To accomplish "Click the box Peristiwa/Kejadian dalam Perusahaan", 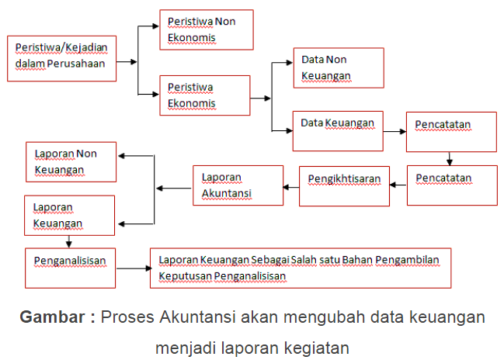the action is [62, 58].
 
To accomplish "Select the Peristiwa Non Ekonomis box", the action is [206, 30].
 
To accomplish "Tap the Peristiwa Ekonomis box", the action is [204, 95].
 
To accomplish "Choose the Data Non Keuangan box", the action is [338, 67].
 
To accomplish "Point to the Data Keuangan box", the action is [337, 131].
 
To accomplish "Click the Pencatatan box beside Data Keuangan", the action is [451, 131].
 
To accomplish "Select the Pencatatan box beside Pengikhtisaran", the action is [451, 185].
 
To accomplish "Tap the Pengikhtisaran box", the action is [344, 185].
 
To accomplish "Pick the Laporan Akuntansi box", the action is [238, 185].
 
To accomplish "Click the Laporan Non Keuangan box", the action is [71, 161].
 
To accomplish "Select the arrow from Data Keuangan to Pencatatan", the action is [395, 131].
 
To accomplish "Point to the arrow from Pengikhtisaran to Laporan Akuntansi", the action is [291, 186].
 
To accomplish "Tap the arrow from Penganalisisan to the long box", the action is [133, 268].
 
